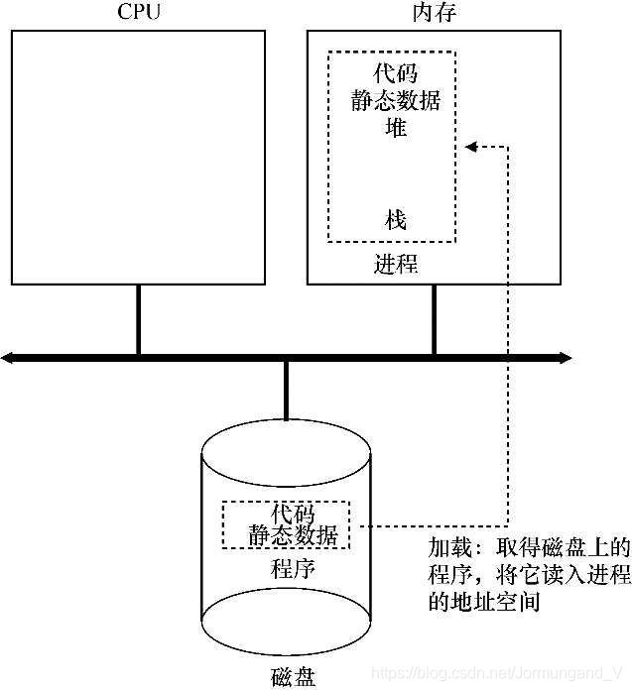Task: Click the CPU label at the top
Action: coord(138,13)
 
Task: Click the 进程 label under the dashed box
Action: coord(396,264)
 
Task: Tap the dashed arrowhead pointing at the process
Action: coord(471,147)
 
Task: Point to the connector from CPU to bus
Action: coord(138,318)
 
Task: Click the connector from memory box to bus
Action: coord(434,318)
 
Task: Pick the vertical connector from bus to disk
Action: coord(286,390)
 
